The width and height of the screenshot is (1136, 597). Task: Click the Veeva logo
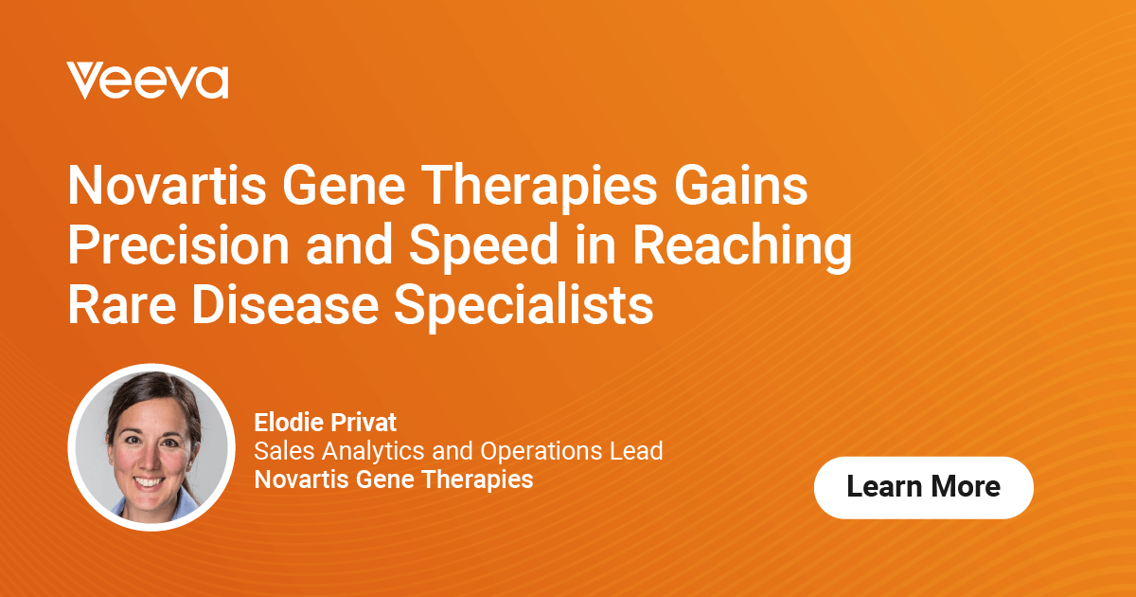148,81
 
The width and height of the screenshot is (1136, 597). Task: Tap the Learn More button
923,487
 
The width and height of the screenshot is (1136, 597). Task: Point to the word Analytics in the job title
365,451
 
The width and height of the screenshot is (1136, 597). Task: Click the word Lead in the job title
639,451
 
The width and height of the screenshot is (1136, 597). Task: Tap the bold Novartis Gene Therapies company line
394,479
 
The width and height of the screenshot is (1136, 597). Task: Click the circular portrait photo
151,446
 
